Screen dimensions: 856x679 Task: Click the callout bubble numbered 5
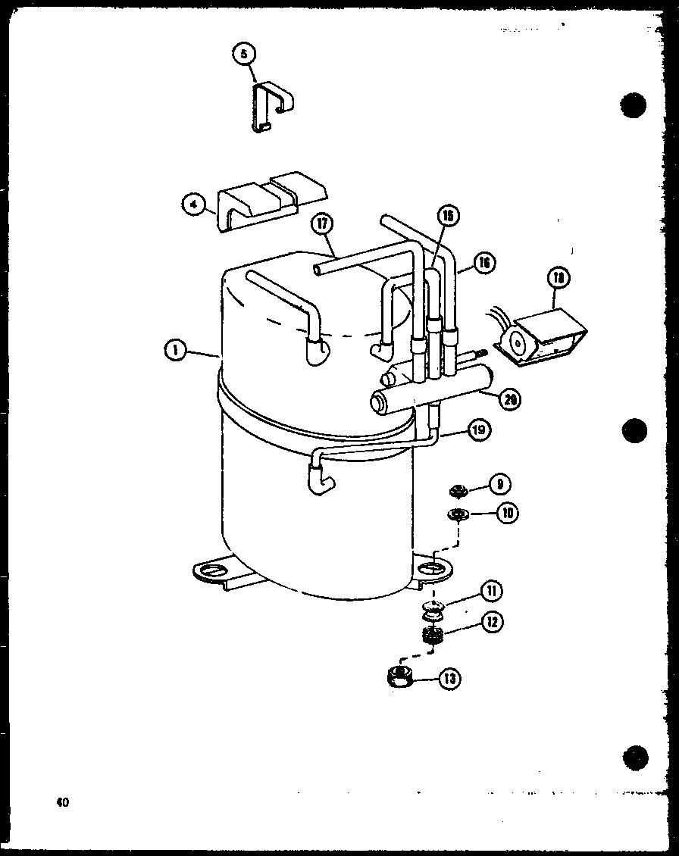244,55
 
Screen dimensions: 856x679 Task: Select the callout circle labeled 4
194,205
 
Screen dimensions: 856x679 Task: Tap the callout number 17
322,225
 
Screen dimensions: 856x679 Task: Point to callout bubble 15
449,217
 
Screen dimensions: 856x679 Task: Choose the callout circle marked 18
560,279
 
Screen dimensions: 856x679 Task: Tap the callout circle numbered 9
500,483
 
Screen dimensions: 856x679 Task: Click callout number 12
491,623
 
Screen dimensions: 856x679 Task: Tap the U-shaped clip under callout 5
269,108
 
